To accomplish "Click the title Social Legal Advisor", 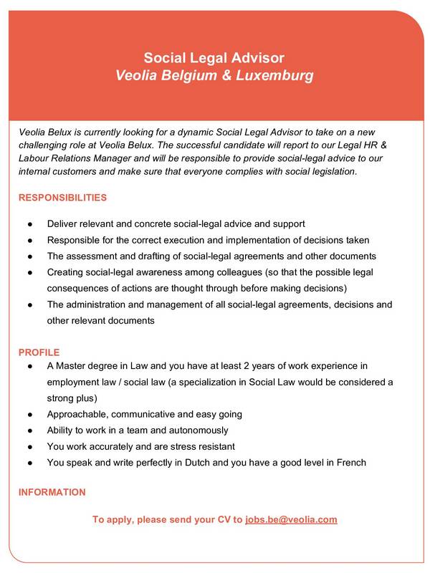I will point(214,57).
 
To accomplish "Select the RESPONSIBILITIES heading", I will point(62,197).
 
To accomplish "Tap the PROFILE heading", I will point(39,352).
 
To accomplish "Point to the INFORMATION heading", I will point(52,492).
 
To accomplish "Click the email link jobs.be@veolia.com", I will point(291,519).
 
